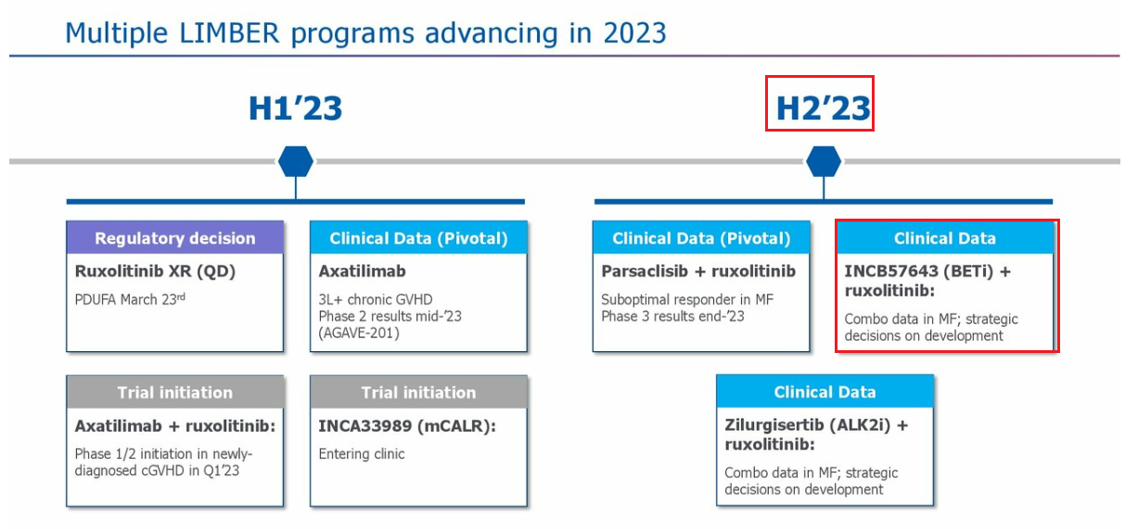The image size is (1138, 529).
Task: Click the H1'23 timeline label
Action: tap(295, 108)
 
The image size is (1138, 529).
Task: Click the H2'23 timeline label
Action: tap(823, 108)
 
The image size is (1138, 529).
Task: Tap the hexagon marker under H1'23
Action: tap(296, 161)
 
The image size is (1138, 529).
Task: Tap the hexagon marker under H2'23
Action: tap(824, 161)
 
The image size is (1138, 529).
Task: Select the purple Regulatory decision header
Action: tap(174, 237)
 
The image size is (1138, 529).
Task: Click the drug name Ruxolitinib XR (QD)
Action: tap(155, 271)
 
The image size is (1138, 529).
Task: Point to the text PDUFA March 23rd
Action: tap(130, 299)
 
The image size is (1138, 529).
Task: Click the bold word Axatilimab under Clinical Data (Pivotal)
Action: tap(362, 271)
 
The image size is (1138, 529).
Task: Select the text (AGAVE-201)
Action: tap(359, 333)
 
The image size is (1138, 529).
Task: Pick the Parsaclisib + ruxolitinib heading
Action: tap(698, 271)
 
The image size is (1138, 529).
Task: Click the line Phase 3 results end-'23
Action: tap(672, 316)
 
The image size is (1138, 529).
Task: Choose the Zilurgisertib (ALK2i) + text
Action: tap(816, 425)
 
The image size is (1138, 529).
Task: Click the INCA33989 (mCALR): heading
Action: tap(407, 425)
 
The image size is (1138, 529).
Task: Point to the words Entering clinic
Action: tap(361, 454)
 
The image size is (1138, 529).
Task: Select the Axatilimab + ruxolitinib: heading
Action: tap(175, 425)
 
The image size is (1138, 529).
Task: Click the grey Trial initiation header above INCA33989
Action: tap(418, 392)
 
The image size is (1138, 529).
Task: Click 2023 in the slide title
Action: tap(634, 33)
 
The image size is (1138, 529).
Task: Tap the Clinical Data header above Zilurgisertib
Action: tap(825, 391)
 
